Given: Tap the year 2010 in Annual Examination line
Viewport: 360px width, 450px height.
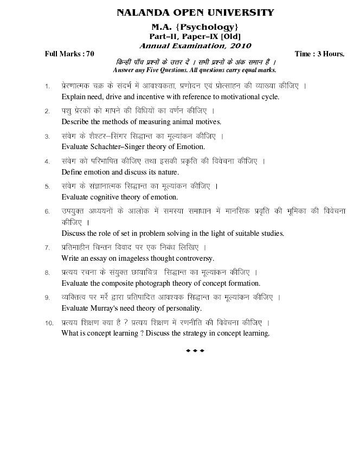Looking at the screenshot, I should pos(239,46).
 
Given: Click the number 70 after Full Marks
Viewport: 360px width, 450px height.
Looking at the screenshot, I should pos(89,54).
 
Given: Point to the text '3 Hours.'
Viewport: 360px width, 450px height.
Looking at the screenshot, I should pos(330,54).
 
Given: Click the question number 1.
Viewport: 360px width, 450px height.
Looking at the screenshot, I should pos(48,86).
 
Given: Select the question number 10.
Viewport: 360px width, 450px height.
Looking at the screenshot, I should pos(49,323).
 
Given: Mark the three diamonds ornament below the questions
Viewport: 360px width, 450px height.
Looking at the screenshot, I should pos(195,351).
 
